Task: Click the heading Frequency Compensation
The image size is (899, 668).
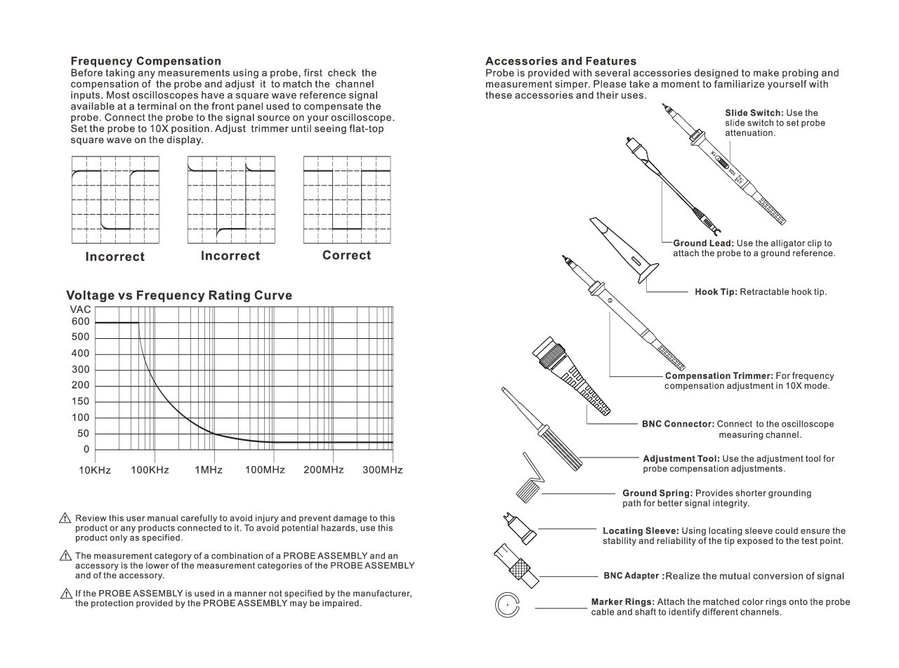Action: pos(146,61)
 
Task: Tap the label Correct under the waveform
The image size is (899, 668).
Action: pos(346,255)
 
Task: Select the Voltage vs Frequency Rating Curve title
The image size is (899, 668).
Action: pos(179,295)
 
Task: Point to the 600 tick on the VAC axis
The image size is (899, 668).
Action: pos(81,322)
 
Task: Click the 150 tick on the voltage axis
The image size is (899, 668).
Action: pos(81,402)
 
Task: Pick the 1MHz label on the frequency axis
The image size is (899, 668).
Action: pos(209,469)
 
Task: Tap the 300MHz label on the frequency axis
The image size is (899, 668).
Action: pos(383,469)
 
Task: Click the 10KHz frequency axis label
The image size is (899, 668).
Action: pos(95,469)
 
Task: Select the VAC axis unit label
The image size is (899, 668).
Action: pos(81,309)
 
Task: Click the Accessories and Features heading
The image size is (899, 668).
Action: pos(561,61)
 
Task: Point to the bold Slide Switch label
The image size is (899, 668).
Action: pos(754,113)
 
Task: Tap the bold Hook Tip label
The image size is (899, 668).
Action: pos(716,292)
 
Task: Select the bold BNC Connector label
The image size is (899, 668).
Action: pos(678,425)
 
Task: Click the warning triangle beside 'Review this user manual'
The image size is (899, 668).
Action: pos(65,519)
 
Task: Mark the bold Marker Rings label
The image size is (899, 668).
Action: pos(623,602)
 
